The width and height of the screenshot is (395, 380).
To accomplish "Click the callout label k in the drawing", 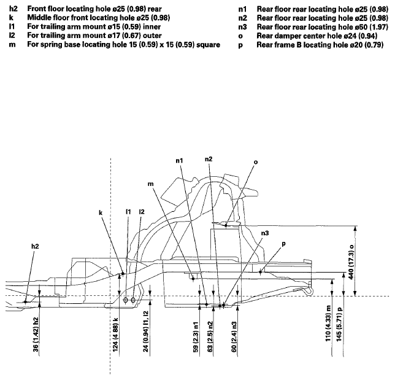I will [101, 213].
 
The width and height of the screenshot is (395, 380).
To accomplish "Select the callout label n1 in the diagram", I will [179, 161].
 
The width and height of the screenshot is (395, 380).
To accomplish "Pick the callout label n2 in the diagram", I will [209, 160].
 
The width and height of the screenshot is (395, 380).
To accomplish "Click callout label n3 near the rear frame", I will [265, 233].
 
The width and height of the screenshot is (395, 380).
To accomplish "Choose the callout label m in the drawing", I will [150, 183].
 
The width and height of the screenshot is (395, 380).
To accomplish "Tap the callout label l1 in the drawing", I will [128, 212].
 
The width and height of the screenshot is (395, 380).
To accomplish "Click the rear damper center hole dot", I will [226, 225].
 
